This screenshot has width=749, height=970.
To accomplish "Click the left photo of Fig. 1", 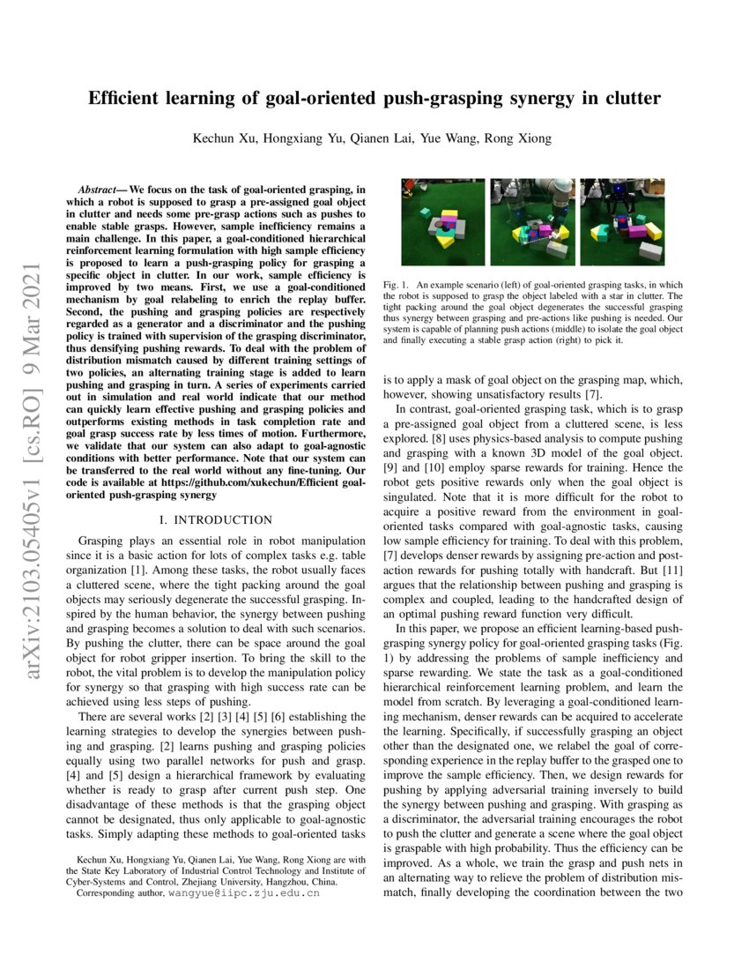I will point(443,222).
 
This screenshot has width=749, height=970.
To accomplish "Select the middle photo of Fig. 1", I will point(532,222).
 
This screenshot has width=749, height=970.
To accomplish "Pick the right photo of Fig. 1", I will point(622,222).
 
